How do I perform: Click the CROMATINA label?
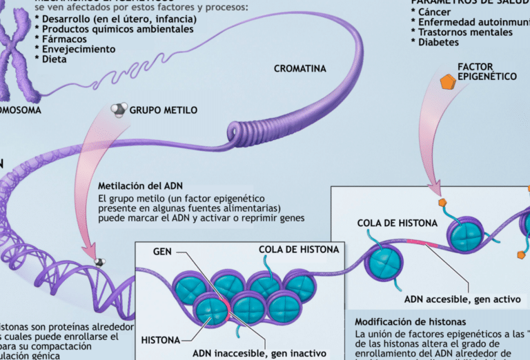pyautogui.click(x=300, y=68)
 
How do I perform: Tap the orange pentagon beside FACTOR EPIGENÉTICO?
pyautogui.click(x=448, y=83)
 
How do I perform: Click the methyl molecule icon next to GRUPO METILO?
pyautogui.click(x=119, y=110)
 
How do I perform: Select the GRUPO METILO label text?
pyautogui.click(x=164, y=110)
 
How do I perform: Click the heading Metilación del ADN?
pyautogui.click(x=140, y=186)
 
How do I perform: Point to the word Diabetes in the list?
pyautogui.click(x=438, y=42)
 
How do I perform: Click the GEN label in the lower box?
pyautogui.click(x=162, y=251)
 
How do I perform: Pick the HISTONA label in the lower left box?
pyautogui.click(x=161, y=340)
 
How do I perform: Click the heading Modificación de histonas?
pyautogui.click(x=410, y=322)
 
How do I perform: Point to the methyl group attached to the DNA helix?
pyautogui.click(x=100, y=262)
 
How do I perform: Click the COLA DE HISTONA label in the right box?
pyautogui.click(x=397, y=223)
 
